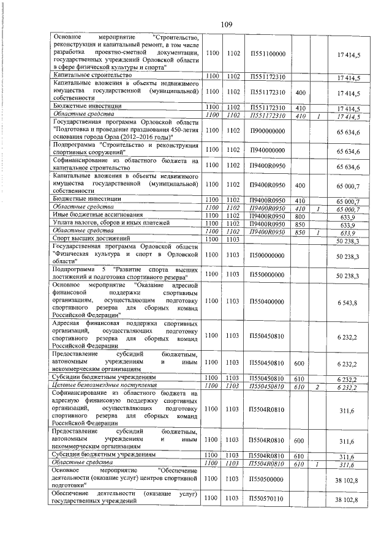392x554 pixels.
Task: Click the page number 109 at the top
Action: coord(225,24)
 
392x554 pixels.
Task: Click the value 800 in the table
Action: coord(300,215)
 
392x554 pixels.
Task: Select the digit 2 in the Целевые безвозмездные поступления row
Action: coord(318,386)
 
